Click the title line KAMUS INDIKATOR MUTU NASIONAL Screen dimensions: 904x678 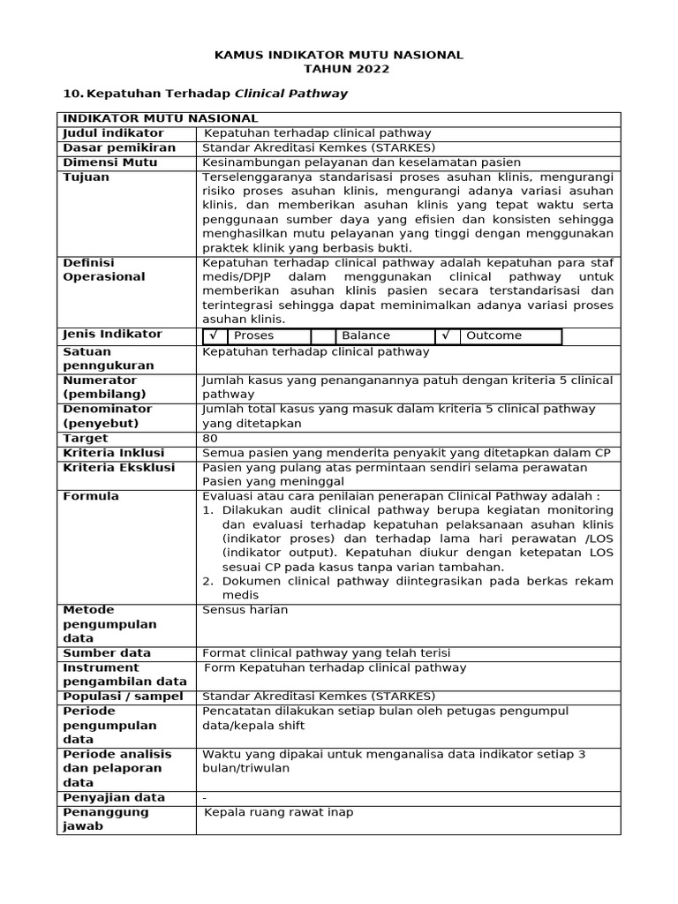(x=339, y=55)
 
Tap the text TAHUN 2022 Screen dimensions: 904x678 (x=339, y=69)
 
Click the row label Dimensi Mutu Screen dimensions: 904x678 (x=110, y=162)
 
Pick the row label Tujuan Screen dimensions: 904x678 (x=87, y=177)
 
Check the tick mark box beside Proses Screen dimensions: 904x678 (x=213, y=335)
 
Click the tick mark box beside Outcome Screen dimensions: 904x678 (x=447, y=335)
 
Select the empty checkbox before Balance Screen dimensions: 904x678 (x=323, y=335)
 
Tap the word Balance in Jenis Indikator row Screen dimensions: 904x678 (x=365, y=335)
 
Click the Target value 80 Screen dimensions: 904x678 (x=210, y=439)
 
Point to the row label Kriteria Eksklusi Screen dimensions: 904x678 (x=119, y=468)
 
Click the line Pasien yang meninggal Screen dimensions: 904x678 (x=273, y=482)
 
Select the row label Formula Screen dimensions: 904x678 (x=91, y=497)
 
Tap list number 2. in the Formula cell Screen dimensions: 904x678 (x=209, y=581)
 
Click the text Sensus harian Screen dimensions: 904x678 (x=245, y=610)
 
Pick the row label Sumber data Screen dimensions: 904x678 (x=107, y=653)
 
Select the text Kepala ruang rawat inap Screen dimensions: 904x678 (x=279, y=812)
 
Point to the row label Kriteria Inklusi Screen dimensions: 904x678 (x=114, y=453)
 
